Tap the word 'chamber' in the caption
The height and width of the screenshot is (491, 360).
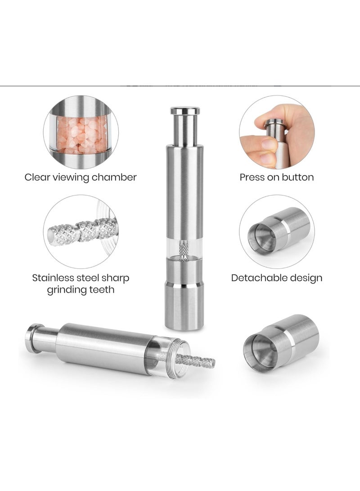[x=115, y=177]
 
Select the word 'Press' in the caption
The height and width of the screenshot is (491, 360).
[x=252, y=177]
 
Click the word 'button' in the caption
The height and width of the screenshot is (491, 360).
[x=297, y=177]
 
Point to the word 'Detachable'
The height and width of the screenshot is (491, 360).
[x=258, y=278]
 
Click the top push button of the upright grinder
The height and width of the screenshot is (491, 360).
[x=185, y=110]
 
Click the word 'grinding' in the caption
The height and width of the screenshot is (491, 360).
[x=67, y=289]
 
